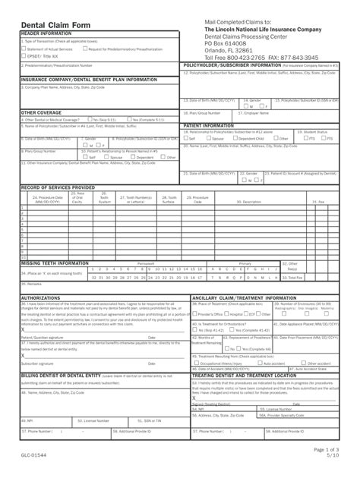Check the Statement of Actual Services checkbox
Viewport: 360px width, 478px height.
click(x=23, y=49)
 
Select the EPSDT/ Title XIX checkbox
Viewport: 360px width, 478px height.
click(x=23, y=56)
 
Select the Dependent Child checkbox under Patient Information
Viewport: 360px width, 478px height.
click(x=235, y=139)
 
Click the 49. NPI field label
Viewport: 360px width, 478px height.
click(x=27, y=420)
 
